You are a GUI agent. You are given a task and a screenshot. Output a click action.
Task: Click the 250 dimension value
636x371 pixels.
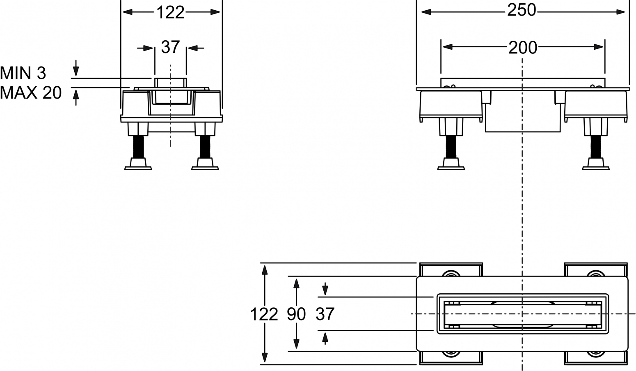tap(522, 11)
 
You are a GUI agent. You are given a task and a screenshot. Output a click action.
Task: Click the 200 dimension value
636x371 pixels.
tap(522, 48)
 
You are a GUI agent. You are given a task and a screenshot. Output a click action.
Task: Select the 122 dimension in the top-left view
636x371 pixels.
tap(170, 12)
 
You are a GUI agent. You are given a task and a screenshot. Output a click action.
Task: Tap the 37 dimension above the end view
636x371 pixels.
tap(170, 47)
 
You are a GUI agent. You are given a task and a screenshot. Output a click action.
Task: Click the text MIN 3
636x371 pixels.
tap(23, 73)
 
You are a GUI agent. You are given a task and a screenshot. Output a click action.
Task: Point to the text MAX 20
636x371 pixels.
tap(31, 93)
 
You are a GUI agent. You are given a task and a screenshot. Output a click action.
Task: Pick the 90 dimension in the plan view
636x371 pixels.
tap(296, 314)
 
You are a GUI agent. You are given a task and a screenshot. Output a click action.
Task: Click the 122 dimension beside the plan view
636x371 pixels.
tap(264, 314)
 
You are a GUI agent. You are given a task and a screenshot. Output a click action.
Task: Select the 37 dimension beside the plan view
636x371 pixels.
tap(325, 314)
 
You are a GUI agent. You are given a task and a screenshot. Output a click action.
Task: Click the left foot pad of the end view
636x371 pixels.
tap(138, 164)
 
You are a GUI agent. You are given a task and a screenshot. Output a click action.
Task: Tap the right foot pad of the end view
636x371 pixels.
tap(205, 164)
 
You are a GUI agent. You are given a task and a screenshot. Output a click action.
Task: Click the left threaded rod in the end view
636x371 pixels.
tap(138, 147)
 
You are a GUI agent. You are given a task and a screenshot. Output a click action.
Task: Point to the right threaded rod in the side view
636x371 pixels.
tap(596, 147)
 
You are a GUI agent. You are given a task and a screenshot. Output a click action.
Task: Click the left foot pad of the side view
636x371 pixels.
tap(451, 164)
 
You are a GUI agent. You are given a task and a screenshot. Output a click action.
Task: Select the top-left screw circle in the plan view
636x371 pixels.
tap(451, 274)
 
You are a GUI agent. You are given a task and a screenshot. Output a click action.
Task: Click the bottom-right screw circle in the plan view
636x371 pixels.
tap(596, 354)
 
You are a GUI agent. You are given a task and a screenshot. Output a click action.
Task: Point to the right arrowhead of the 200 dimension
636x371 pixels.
tap(598, 47)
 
